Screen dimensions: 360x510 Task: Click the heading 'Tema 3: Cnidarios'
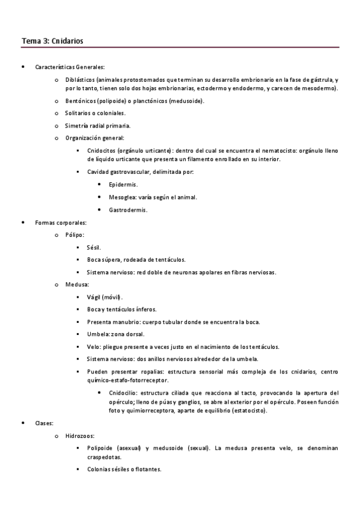click(52, 41)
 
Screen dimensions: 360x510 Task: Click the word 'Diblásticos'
click(80, 80)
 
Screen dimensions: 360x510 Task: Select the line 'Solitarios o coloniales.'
click(96, 113)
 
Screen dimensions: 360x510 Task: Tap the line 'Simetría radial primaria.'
click(97, 126)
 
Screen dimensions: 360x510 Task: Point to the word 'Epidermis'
click(123, 185)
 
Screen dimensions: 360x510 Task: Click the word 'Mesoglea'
click(123, 197)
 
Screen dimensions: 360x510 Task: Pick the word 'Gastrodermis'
click(127, 210)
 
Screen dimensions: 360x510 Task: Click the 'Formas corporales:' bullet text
click(61, 223)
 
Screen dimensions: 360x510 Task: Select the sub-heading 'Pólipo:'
click(75, 235)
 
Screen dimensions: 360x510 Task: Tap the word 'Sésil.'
click(94, 247)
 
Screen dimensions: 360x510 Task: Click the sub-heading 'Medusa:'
click(78, 284)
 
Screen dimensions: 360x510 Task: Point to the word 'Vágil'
click(96, 297)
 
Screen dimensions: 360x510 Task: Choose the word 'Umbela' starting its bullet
click(97, 334)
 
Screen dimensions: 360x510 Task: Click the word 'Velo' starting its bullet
click(93, 347)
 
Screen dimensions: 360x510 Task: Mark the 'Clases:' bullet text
click(45, 423)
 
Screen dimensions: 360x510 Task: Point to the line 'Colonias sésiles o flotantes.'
click(124, 469)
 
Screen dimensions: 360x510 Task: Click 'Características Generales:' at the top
click(70, 67)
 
